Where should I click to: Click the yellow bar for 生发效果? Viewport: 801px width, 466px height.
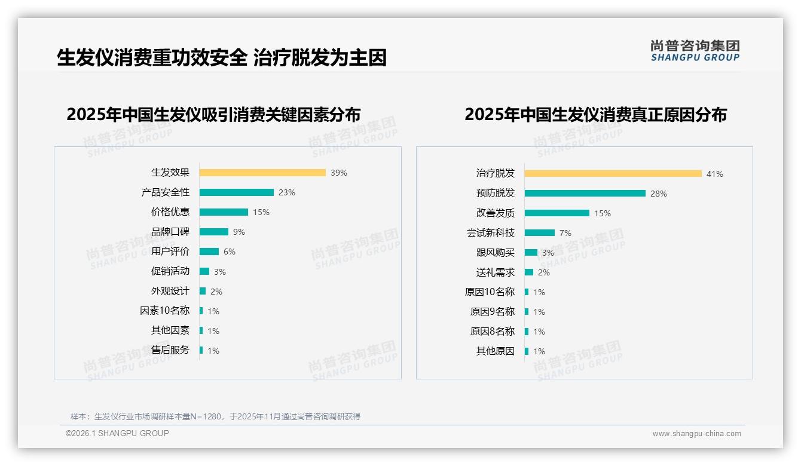262,173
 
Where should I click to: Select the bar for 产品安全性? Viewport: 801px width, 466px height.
237,192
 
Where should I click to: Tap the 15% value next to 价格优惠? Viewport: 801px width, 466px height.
261,212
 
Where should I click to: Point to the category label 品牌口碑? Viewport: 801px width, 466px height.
170,232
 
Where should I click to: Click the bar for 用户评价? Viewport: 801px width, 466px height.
209,252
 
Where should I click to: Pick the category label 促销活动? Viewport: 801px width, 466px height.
170,271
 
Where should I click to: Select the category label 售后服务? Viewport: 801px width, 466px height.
170,350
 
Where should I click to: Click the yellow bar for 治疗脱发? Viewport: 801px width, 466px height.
613,174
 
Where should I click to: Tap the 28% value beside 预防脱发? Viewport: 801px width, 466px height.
659,194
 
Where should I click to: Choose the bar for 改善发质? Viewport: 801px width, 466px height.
557,213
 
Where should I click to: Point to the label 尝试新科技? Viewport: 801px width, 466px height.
491,233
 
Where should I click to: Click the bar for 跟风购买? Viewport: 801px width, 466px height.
531,253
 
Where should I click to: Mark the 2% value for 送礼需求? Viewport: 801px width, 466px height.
544,272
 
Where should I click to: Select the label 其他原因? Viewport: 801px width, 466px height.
496,351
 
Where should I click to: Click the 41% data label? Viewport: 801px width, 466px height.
715,174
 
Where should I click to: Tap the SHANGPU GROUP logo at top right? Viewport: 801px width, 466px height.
695,51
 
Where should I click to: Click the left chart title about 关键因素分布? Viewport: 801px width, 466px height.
213,114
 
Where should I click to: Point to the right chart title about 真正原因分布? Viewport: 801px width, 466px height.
595,114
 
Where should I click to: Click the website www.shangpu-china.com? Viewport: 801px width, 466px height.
696,434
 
